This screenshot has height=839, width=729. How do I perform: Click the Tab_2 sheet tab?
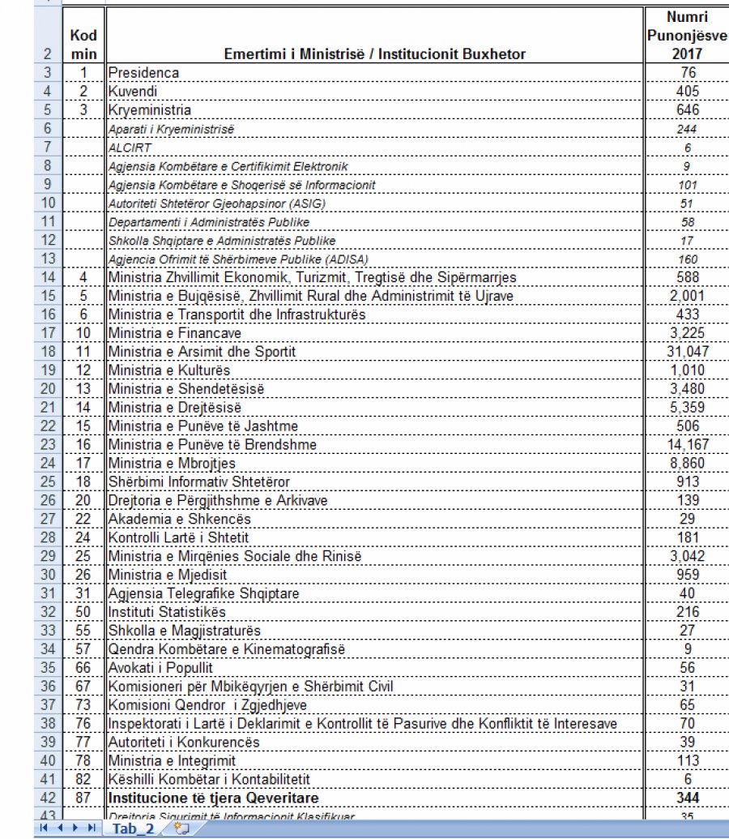coord(133,828)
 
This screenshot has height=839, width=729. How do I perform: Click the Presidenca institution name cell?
coord(144,73)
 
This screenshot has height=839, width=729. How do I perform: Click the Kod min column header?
coord(83,45)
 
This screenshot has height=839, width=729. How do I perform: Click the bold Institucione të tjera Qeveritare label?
coord(213,798)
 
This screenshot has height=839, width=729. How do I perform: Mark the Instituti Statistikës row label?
coord(168,611)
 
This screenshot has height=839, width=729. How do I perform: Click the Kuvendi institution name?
coord(134,92)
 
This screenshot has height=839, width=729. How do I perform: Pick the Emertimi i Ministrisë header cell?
coord(376,54)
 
